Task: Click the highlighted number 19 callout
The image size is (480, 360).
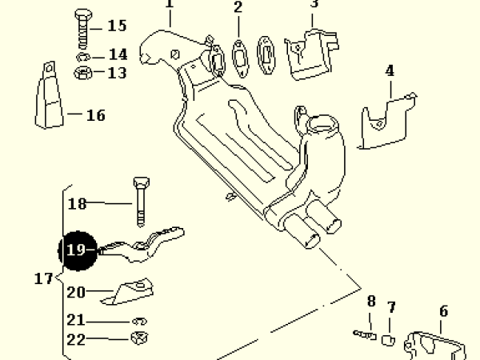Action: point(76,250)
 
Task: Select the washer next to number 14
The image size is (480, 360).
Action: point(83,58)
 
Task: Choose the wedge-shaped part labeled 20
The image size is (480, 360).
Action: point(128,291)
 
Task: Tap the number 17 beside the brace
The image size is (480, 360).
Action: point(44,279)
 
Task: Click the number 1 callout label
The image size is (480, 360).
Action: point(169,4)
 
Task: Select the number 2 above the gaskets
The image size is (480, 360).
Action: point(238,9)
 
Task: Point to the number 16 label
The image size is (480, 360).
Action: point(95,116)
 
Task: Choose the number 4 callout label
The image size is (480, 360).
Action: point(390,70)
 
